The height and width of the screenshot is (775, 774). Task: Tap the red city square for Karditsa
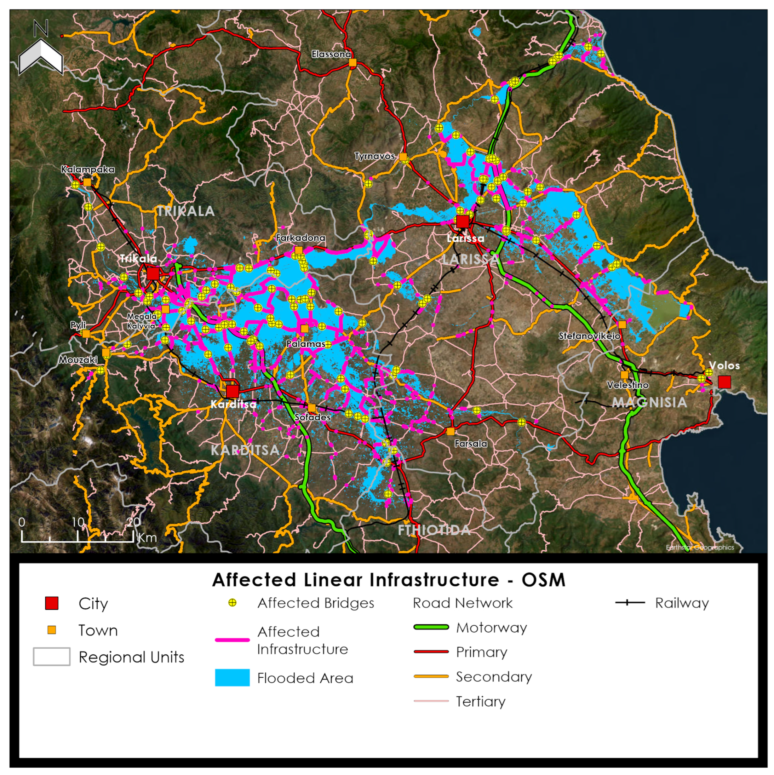coord(232,391)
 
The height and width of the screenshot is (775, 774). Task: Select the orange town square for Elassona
coord(352,63)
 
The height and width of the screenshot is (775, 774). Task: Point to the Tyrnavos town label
coord(374,156)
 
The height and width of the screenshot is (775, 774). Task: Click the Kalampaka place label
coord(87,169)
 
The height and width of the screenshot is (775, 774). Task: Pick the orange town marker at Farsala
coord(450,431)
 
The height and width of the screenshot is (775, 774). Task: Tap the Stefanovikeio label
coord(589,336)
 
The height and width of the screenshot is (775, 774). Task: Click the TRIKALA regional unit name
coord(185,211)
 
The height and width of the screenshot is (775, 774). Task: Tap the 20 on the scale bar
coord(133,522)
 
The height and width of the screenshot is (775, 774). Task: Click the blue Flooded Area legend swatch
coord(232,678)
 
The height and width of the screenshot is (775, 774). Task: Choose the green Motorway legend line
coord(431,627)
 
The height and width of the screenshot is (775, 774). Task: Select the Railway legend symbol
coord(630,603)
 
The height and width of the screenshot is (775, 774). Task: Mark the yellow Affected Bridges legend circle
coord(232,603)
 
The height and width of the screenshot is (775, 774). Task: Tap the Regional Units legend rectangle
coord(51,657)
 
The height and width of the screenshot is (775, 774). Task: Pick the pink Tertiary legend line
coord(431,701)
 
